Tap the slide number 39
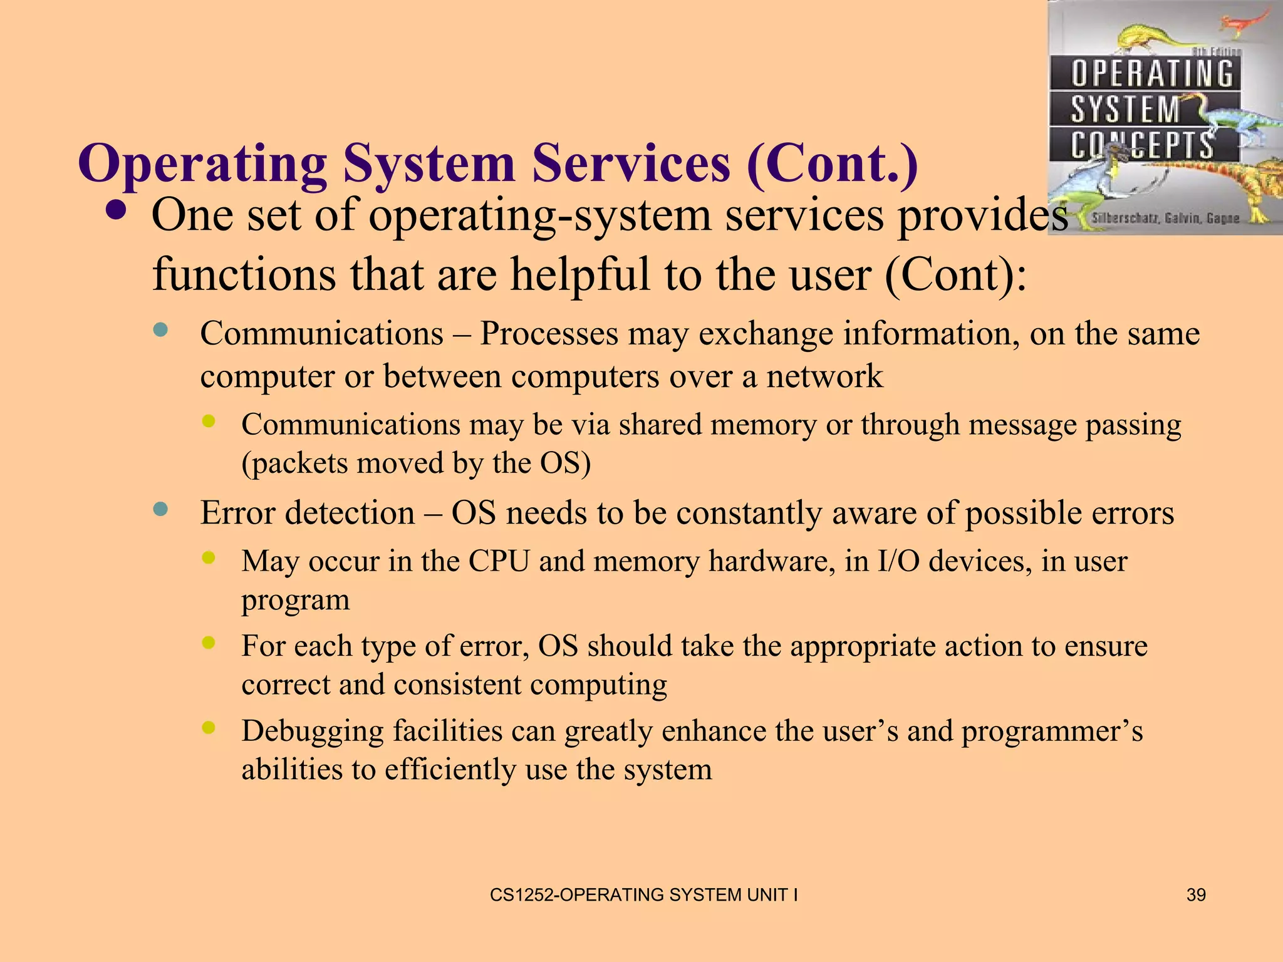pyautogui.click(x=1196, y=895)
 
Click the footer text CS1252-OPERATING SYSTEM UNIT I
pyautogui.click(x=643, y=895)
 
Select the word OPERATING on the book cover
pyautogui.click(x=1151, y=74)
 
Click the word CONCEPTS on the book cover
pyautogui.click(x=1141, y=145)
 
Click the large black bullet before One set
pyautogui.click(x=116, y=211)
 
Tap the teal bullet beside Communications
pyautogui.click(x=161, y=330)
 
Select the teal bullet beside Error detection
pyautogui.click(x=161, y=509)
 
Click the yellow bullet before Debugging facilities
pyautogui.click(x=209, y=727)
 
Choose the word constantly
pyautogui.click(x=749, y=514)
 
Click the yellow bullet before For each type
pyautogui.click(x=209, y=642)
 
